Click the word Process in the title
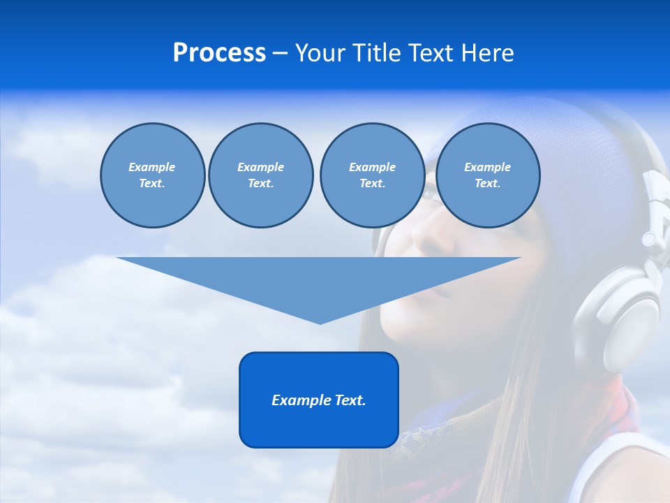[x=219, y=53]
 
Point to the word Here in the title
[x=488, y=53]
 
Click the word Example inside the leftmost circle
[x=152, y=167]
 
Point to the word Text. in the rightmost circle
[x=488, y=184]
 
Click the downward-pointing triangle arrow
[x=319, y=279]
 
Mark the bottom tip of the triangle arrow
[x=320, y=322]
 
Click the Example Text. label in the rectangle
[x=319, y=400]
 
